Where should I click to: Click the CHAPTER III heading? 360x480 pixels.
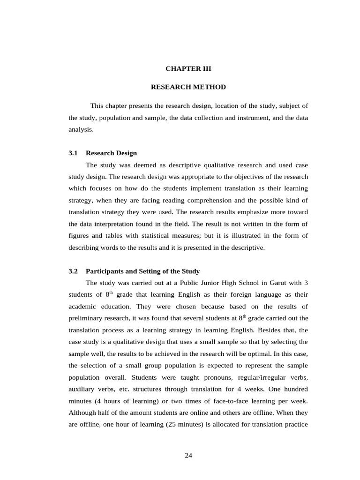[188, 68]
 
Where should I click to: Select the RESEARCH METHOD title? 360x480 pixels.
[188, 87]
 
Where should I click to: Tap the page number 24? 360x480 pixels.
[188, 455]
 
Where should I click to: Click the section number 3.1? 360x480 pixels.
[73, 153]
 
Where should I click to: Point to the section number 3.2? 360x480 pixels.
[73, 271]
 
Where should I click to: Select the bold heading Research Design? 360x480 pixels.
[112, 153]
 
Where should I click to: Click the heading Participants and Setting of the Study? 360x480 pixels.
[142, 271]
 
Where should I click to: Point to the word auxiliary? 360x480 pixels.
[82, 389]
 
